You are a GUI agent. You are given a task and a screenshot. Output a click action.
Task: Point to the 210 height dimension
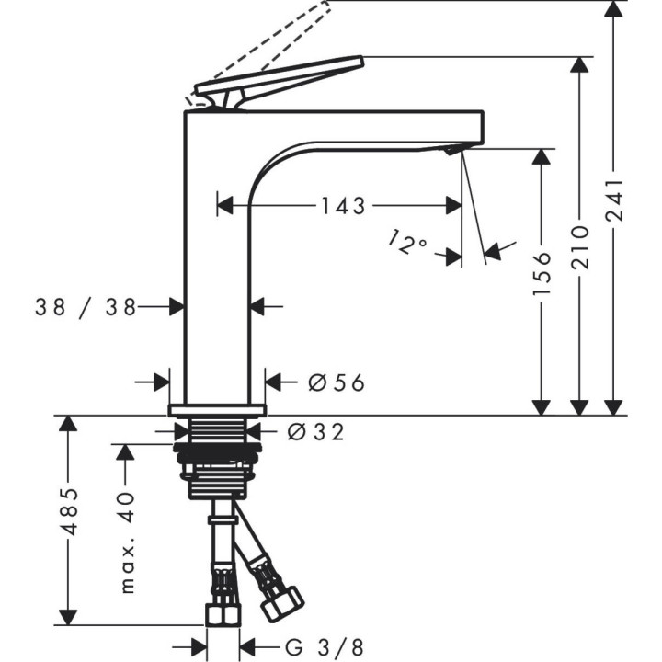[x=579, y=248]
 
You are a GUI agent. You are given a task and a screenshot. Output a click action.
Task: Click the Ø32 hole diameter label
[x=315, y=431]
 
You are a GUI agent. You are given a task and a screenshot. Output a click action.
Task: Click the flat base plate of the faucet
[x=217, y=409]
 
